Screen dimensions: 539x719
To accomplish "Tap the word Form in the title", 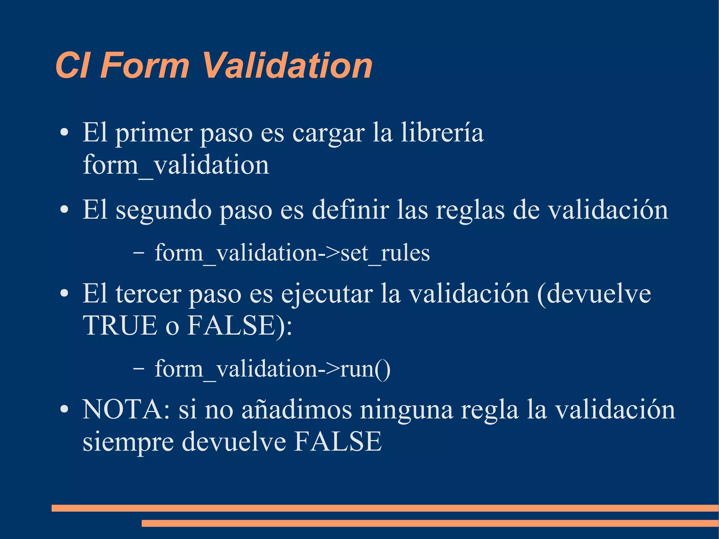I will point(145,66).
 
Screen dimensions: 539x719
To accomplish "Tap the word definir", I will point(350,210).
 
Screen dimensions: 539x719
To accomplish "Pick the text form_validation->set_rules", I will point(292,253).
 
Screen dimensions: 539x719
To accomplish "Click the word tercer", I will point(148,294).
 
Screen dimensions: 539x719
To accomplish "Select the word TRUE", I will point(120,326).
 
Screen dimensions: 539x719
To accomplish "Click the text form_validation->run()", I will point(272,369).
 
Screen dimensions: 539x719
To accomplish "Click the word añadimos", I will point(297,410).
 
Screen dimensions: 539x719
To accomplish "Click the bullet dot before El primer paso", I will point(64,133).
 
